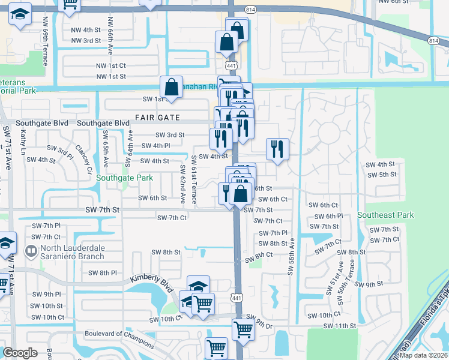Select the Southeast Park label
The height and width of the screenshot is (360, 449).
[385, 215]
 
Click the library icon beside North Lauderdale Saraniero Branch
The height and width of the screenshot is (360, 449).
[30, 249]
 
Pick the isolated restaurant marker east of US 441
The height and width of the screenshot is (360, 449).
[277, 149]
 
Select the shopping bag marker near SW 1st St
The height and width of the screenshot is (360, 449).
[171, 87]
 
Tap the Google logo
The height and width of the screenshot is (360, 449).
[20, 353]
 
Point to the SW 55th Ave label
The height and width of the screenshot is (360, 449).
[291, 255]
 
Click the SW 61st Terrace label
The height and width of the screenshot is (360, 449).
[193, 179]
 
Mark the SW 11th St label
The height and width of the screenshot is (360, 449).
[340, 326]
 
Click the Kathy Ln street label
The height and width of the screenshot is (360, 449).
[23, 143]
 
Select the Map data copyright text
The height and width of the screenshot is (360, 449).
[423, 355]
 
